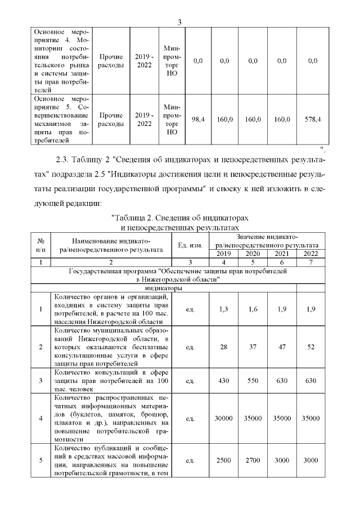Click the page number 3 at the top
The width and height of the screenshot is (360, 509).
point(179,22)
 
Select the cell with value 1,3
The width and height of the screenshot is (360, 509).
point(223,308)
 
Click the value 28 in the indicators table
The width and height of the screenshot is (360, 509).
point(223,346)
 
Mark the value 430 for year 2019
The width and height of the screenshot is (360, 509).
point(223,381)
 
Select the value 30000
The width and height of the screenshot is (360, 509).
point(223,418)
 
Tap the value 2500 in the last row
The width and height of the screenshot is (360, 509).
point(223,460)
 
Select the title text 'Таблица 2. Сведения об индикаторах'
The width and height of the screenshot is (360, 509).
point(179,217)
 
